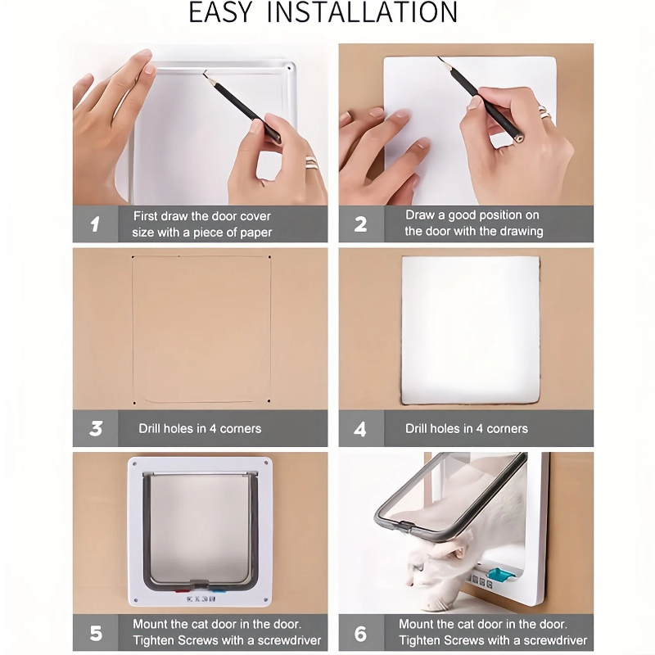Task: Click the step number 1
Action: pyautogui.click(x=95, y=224)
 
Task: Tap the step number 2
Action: pyautogui.click(x=360, y=224)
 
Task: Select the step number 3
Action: pyautogui.click(x=96, y=428)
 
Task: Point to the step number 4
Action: pyautogui.click(x=360, y=428)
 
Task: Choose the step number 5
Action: pyautogui.click(x=96, y=633)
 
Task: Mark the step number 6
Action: pyautogui.click(x=360, y=633)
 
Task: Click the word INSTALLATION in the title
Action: pyautogui.click(x=362, y=12)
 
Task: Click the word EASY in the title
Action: pyautogui.click(x=220, y=12)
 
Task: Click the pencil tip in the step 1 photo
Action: pyautogui.click(x=204, y=73)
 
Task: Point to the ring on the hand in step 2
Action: pyautogui.click(x=545, y=113)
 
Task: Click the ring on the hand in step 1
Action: pyautogui.click(x=313, y=162)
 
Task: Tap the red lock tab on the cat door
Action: pyautogui.click(x=182, y=590)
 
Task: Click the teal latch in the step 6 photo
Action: pyautogui.click(x=500, y=575)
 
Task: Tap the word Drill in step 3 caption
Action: pyautogui.click(x=149, y=428)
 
